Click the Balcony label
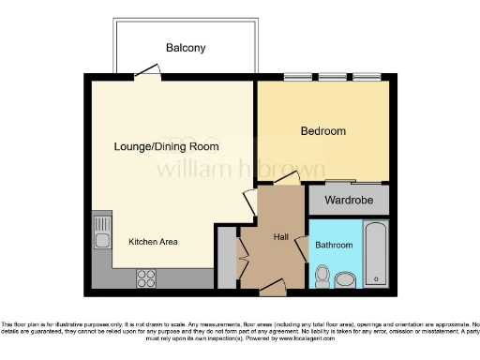pyautogui.click(x=186, y=48)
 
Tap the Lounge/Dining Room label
pyautogui.click(x=166, y=147)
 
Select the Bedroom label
pyautogui.click(x=323, y=131)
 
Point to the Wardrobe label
pyautogui.click(x=348, y=201)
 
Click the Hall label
pyautogui.click(x=281, y=237)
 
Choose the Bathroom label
pyautogui.click(x=334, y=245)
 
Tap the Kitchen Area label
pyautogui.click(x=153, y=242)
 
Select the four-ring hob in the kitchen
pyautogui.click(x=147, y=277)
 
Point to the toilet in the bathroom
pyautogui.click(x=322, y=276)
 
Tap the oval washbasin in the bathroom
pyautogui.click(x=344, y=279)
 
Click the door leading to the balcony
pyautogui.click(x=144, y=72)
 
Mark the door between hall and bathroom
pyautogui.click(x=303, y=247)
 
